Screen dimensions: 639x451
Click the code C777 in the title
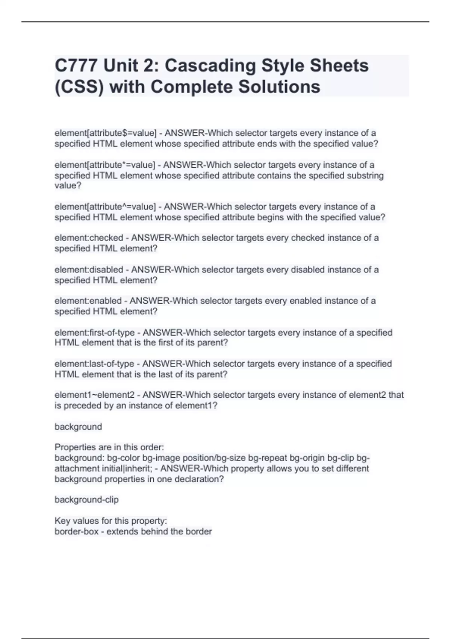click(x=76, y=66)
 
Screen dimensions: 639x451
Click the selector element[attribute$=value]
click(x=105, y=133)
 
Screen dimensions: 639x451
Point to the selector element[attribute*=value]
click(x=104, y=165)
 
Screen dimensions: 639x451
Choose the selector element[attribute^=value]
click(x=105, y=207)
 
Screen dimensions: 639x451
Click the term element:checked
click(x=89, y=238)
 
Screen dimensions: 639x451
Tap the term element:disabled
click(x=89, y=270)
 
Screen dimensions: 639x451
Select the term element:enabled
click(x=88, y=301)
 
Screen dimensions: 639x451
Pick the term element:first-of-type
click(x=95, y=333)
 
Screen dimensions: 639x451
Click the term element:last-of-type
click(x=94, y=364)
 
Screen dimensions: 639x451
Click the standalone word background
click(x=78, y=427)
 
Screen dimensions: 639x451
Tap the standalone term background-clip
click(x=86, y=500)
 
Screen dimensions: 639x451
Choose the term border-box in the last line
click(x=76, y=531)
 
